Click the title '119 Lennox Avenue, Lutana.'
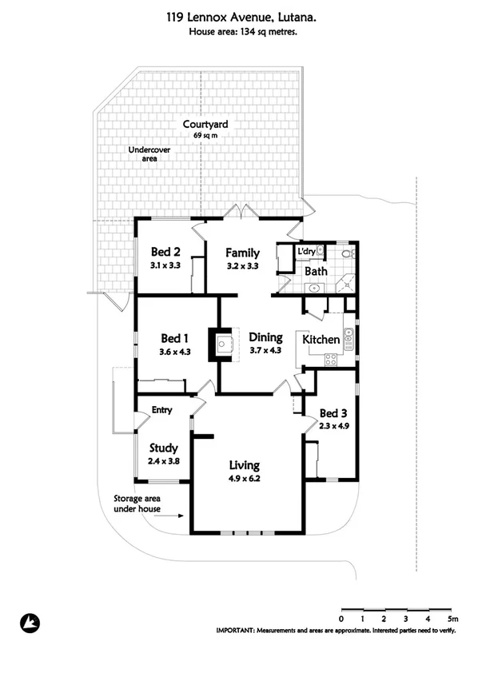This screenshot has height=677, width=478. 239,16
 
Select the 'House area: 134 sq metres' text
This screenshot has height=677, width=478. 239,32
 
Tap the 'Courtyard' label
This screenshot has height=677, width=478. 205,125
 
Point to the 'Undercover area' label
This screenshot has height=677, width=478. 144,154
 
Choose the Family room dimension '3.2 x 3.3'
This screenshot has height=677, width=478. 242,266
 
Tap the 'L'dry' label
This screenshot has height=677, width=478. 305,253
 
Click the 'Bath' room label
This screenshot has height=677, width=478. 316,272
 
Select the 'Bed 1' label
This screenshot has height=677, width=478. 175,337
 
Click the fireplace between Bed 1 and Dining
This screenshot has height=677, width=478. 223,344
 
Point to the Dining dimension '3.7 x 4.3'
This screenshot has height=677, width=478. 265,350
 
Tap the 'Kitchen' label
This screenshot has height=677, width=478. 321,340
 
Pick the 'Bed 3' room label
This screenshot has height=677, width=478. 333,413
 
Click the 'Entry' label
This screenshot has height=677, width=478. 162,411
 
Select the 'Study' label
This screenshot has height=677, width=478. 163,448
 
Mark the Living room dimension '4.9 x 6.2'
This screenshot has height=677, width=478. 245,479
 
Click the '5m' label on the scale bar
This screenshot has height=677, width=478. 452,619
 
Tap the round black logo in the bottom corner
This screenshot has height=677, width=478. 29,622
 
